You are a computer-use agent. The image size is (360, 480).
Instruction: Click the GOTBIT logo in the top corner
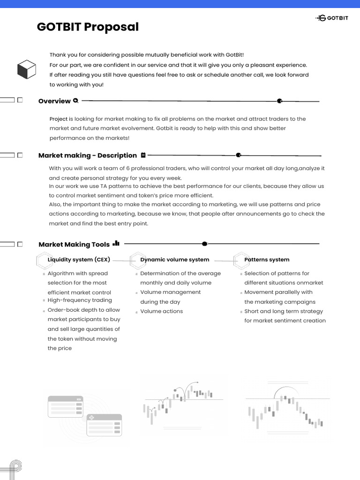click(x=332, y=18)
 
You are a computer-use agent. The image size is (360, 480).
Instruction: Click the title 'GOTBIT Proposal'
click(x=88, y=27)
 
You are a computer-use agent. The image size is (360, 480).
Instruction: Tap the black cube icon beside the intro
click(x=27, y=69)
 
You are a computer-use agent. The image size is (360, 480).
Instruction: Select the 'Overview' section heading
click(x=54, y=101)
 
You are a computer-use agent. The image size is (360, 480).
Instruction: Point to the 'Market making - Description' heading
click(x=88, y=156)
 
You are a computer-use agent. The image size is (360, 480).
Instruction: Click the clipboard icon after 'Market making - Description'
click(x=143, y=155)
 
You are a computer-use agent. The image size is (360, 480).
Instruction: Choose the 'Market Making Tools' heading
click(x=74, y=245)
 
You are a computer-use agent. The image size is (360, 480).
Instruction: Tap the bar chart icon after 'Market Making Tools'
click(x=116, y=243)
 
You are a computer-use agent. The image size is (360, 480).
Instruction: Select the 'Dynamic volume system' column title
click(x=175, y=260)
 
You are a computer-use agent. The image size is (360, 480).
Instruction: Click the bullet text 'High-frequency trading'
click(x=80, y=300)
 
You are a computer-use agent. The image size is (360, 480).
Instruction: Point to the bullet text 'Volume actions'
click(x=162, y=311)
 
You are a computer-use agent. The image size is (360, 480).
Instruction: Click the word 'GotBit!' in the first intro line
click(x=233, y=55)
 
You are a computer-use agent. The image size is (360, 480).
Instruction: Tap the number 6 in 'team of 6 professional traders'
click(x=128, y=168)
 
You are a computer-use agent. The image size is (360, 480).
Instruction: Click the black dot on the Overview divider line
click(x=279, y=101)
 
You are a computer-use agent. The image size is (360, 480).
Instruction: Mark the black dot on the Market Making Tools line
click(x=204, y=244)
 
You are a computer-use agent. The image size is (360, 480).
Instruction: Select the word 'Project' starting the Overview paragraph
click(x=59, y=119)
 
